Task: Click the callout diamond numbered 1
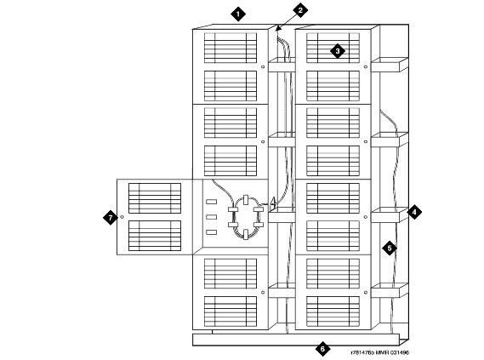238,14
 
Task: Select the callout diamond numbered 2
300,10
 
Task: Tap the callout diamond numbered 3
338,51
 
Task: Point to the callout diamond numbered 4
414,212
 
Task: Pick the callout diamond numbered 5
390,248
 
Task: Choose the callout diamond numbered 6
323,349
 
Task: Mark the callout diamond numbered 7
111,218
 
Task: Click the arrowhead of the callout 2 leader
277,29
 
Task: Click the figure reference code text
379,352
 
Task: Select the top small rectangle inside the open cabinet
212,202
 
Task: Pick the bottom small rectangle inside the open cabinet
212,232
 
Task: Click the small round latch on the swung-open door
122,217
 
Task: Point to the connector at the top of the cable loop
246,199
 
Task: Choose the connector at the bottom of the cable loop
246,234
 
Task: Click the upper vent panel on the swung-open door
155,198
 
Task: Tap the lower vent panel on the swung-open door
155,236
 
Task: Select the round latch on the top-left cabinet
263,66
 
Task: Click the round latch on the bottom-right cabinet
366,293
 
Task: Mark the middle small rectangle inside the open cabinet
212,217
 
